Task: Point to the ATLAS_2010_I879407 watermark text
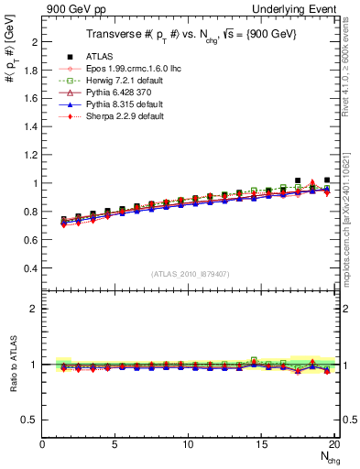[x=190, y=275]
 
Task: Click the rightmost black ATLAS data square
[x=327, y=180]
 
